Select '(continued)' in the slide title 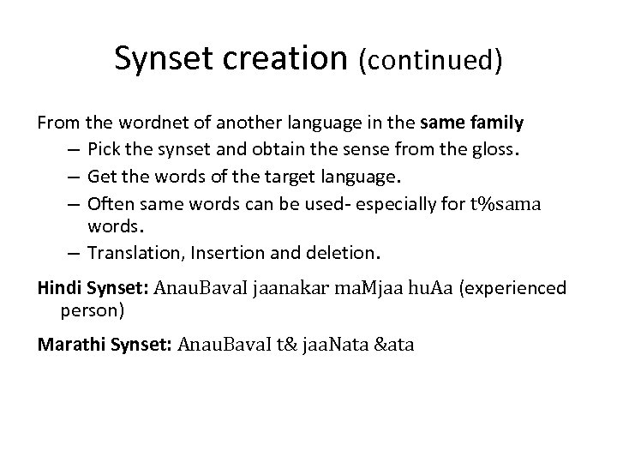click(x=429, y=60)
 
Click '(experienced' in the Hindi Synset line click(x=512, y=288)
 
